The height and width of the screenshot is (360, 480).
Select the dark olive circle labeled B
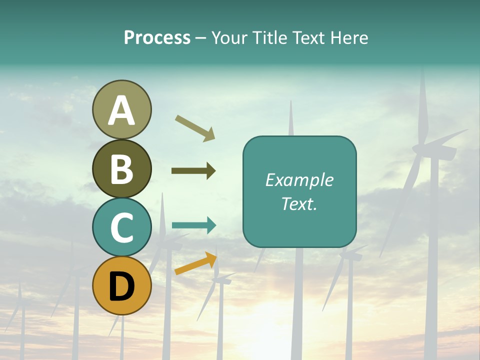click(122, 168)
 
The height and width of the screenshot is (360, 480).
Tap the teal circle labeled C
click(122, 227)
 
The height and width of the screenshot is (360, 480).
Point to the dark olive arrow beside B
click(193, 171)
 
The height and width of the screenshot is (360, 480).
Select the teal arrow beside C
click(194, 225)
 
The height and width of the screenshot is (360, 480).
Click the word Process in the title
click(157, 37)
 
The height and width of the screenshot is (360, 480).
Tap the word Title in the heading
click(269, 37)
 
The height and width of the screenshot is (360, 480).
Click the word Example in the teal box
click(299, 180)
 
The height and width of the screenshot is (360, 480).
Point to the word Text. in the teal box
click(299, 203)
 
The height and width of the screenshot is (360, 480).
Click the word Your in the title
click(230, 37)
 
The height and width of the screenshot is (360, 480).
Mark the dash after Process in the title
click(200, 38)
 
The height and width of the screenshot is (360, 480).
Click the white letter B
click(122, 169)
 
